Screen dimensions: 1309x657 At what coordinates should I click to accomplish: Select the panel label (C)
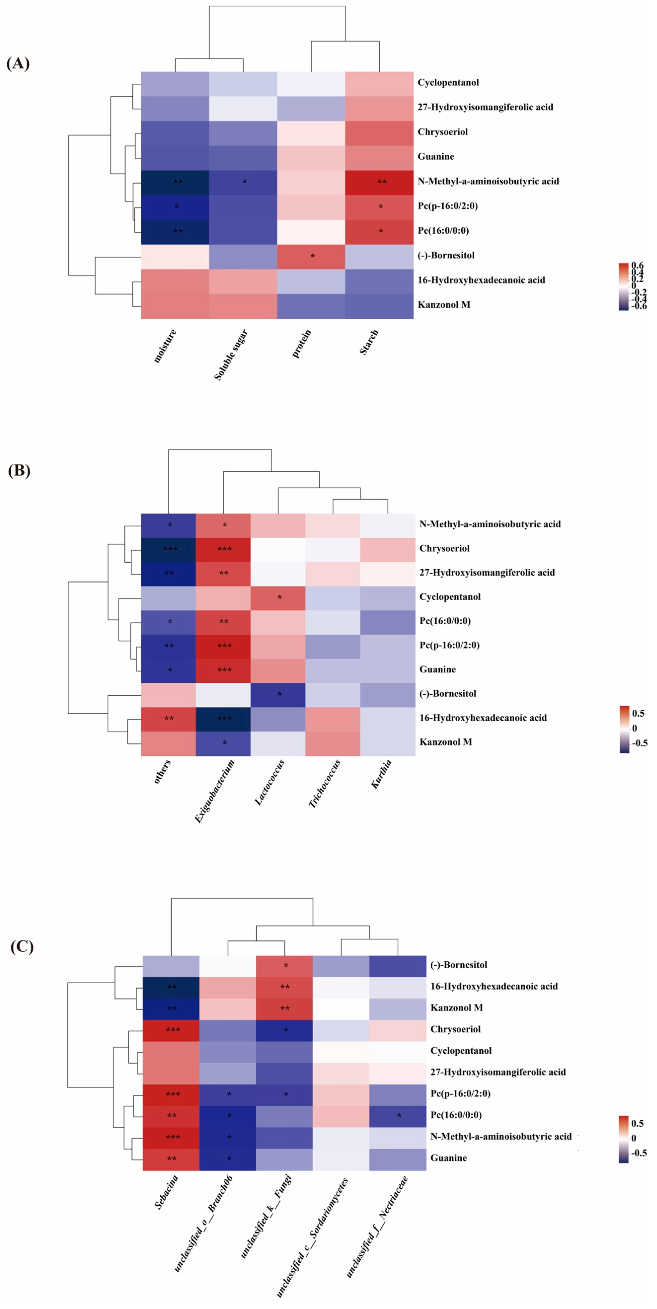[x=22, y=946]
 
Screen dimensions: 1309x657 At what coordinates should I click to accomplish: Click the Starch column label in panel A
[x=369, y=342]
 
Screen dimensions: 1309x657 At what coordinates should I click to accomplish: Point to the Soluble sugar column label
[x=231, y=354]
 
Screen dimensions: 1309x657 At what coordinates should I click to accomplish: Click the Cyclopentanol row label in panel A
[x=448, y=83]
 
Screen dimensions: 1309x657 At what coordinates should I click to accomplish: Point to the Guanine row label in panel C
[x=448, y=1157]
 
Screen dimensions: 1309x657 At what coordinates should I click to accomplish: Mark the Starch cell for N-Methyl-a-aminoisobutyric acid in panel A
[x=379, y=181]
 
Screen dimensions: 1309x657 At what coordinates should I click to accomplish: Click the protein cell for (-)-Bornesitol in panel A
[x=311, y=256]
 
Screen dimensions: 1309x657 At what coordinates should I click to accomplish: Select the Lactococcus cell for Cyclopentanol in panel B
[x=278, y=597]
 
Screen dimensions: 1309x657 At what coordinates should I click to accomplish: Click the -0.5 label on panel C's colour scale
[x=639, y=1152]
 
